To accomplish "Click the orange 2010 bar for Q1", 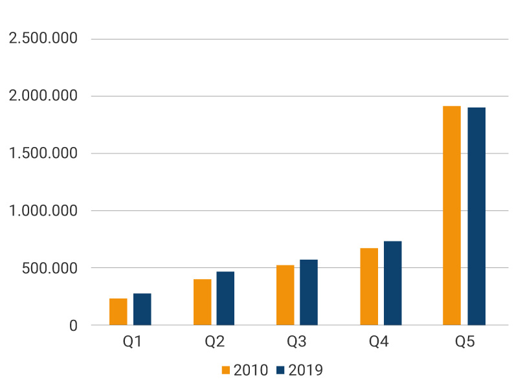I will (118, 311).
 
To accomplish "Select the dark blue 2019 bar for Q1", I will (142, 309).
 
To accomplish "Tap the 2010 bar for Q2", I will (202, 302).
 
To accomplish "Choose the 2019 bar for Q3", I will (309, 292).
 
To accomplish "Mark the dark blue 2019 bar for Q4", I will (392, 283).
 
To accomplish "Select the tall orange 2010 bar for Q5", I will (452, 215).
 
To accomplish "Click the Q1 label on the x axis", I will (132, 342).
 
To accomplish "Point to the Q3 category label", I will (299, 342).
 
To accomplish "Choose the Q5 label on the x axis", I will (465, 342).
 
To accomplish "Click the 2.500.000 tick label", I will (43, 39).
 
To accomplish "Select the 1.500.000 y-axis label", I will (43, 153).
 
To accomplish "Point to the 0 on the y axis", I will (73, 326).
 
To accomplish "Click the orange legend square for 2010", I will (226, 370).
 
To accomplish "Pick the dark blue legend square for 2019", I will (280, 370).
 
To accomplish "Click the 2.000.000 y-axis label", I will (43, 96).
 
